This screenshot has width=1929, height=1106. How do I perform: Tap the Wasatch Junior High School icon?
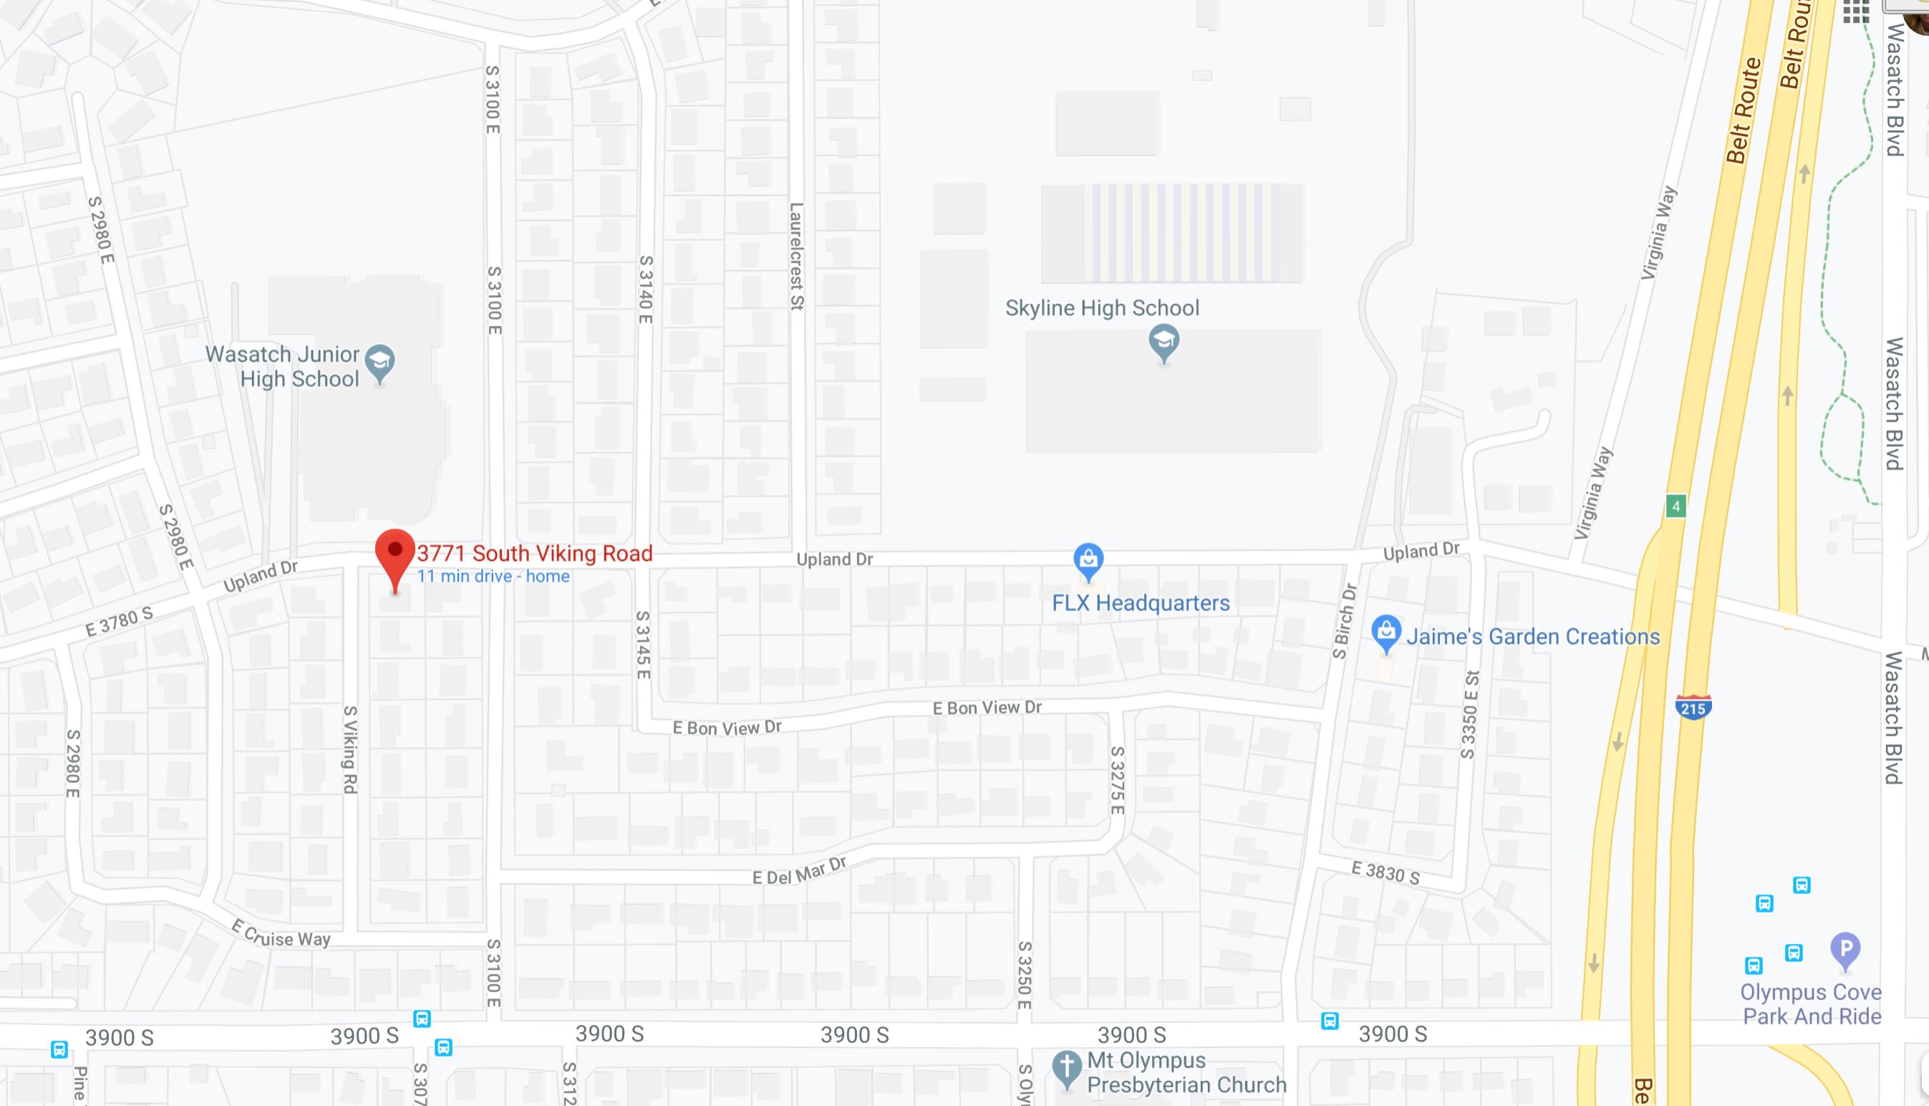click(x=379, y=362)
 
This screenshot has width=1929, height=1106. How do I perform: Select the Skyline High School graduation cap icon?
click(x=1164, y=341)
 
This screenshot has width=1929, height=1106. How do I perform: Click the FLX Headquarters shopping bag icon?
click(x=1088, y=561)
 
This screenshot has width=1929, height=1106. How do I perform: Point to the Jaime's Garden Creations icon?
click(x=1386, y=632)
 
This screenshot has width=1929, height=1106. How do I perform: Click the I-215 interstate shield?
click(x=1692, y=707)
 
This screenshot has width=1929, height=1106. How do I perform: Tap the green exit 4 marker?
click(x=1676, y=506)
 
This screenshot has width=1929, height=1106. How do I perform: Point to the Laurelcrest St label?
click(x=796, y=256)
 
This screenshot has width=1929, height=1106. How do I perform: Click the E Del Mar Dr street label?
click(x=798, y=871)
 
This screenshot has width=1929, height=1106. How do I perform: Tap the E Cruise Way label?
click(x=281, y=933)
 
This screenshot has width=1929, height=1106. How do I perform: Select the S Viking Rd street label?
click(x=350, y=750)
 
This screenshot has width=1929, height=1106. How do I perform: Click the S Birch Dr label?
click(x=1345, y=620)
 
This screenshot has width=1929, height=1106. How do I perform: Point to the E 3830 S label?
click(x=1386, y=872)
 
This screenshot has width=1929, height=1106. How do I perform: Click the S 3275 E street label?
click(x=1117, y=779)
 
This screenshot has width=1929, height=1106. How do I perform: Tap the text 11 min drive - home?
click(x=493, y=577)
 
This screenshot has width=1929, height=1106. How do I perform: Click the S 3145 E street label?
click(x=643, y=645)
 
